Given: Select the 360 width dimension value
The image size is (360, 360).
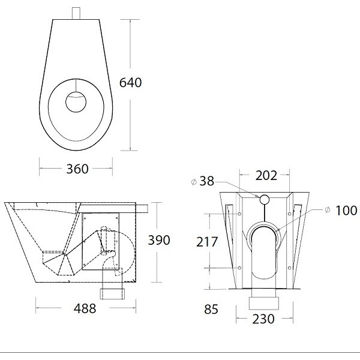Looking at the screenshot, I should pyautogui.click(x=77, y=169).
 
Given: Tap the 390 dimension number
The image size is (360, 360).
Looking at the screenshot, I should pyautogui.click(x=159, y=240).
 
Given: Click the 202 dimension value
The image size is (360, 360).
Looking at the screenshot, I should pyautogui.click(x=266, y=176).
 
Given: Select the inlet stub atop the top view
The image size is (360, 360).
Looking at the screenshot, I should pyautogui.click(x=77, y=13).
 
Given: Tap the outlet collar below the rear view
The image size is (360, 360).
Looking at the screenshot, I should pyautogui.click(x=265, y=297).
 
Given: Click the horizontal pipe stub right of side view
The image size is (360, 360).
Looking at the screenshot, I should pyautogui.click(x=144, y=207).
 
